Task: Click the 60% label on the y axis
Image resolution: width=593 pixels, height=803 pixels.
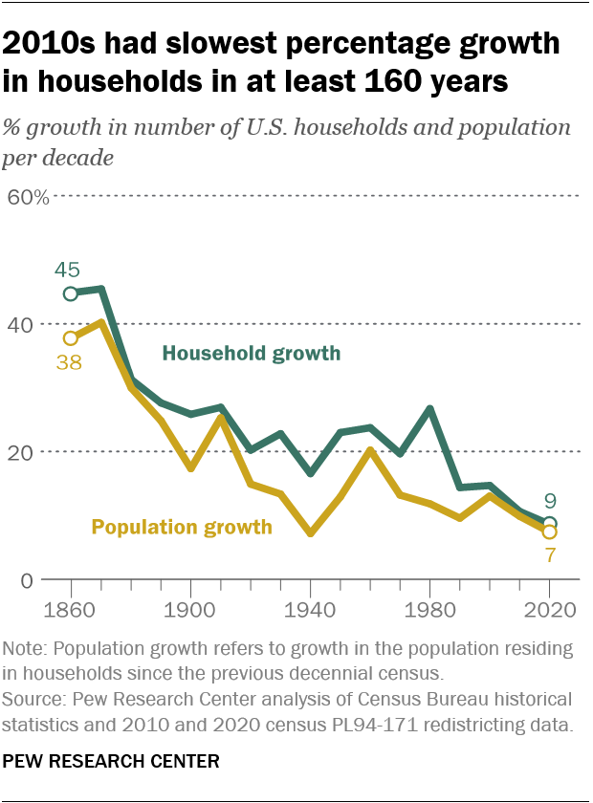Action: coord(29,198)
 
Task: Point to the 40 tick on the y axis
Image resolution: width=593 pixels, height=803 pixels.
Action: coord(22,325)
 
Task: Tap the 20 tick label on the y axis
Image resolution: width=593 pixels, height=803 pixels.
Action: coord(22,452)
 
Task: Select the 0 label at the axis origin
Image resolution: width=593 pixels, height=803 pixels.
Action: coord(27,579)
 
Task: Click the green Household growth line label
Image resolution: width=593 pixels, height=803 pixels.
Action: coord(252,354)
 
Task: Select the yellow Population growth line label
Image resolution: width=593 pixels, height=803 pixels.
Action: coord(182,526)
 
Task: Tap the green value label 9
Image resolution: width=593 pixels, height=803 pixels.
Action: coord(551,499)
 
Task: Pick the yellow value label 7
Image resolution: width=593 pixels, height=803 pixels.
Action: coord(551,553)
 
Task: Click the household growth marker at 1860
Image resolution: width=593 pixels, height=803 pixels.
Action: coord(71,293)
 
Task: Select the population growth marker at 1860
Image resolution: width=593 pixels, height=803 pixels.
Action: coord(71,338)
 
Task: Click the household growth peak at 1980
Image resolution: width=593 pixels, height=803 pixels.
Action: coord(430,409)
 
